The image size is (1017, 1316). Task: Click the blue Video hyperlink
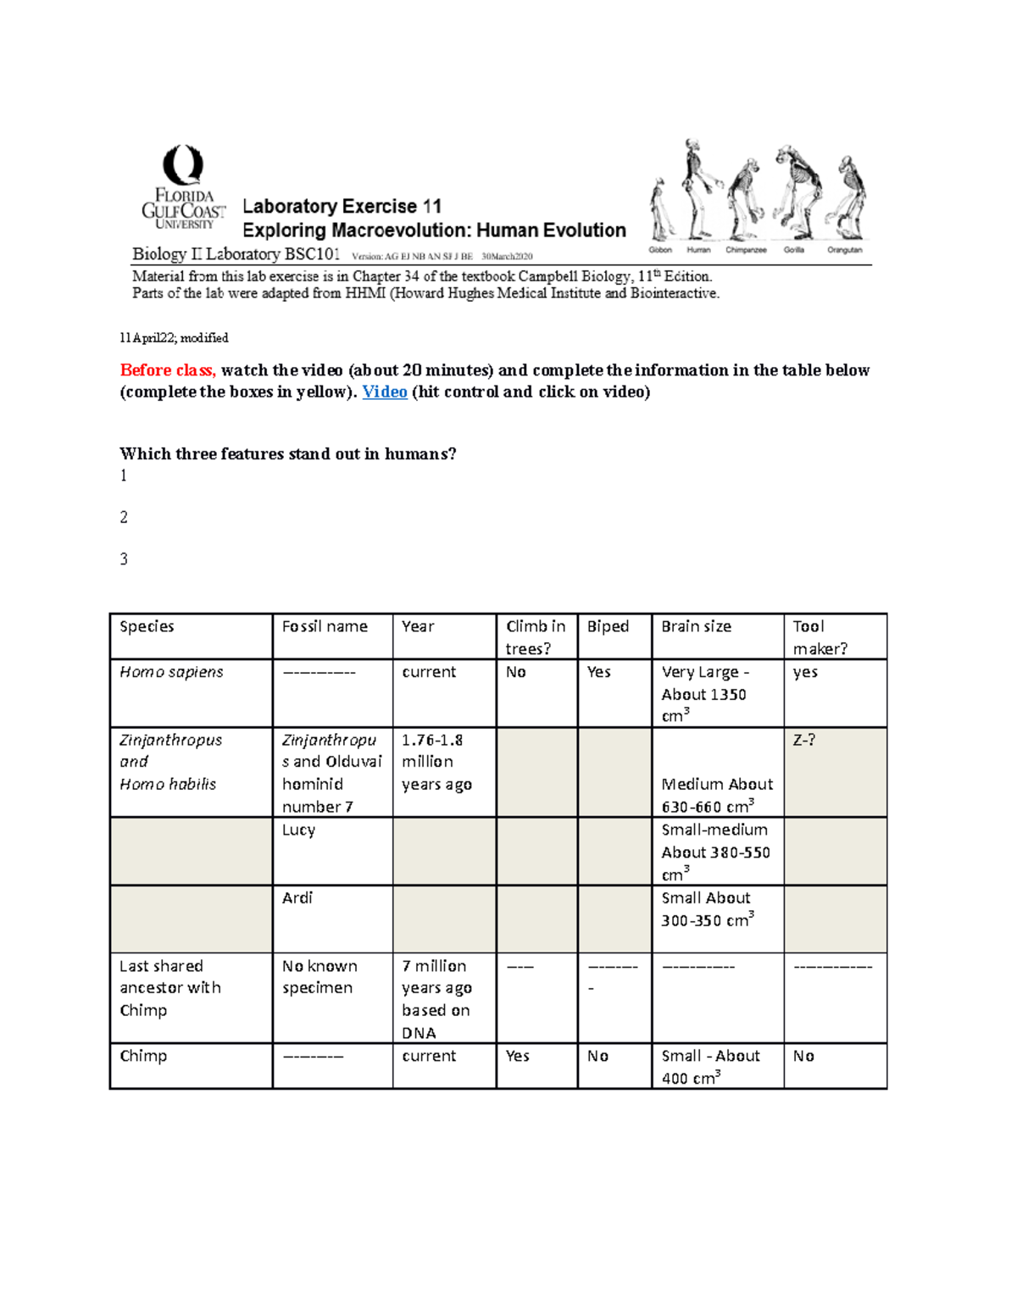[385, 391]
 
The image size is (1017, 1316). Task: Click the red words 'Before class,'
[168, 370]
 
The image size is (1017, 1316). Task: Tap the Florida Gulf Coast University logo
[183, 188]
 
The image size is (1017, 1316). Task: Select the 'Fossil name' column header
[325, 626]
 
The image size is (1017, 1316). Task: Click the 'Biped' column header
[608, 626]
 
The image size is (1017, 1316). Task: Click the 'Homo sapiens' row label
[171, 672]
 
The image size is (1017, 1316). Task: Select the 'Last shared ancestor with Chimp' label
[169, 988]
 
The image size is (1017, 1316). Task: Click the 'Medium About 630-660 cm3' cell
[717, 795]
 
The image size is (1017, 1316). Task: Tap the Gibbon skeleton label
[660, 250]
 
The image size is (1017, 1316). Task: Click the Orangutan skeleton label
[844, 250]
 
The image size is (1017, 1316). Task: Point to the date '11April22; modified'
[174, 338]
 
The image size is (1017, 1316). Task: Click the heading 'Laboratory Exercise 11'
[342, 207]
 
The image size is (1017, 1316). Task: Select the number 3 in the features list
[124, 559]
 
